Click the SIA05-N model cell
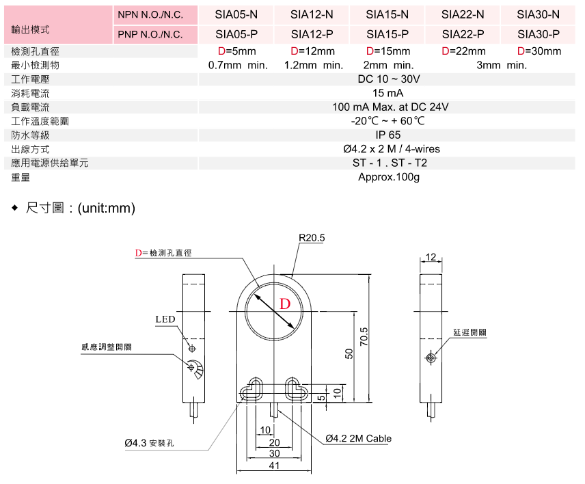pos(236,14)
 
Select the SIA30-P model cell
pos(538,33)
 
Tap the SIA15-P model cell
pos(387,33)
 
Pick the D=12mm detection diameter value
pos(312,51)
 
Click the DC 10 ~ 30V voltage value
pos(388,79)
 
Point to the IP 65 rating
pos(388,135)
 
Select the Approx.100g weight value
pos(388,177)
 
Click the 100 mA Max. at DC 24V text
pos(390,107)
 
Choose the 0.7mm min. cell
pos(237,65)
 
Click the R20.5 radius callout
pos(312,238)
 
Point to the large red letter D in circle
pos(285,304)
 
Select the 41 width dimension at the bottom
pos(274,465)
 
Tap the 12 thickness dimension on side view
pos(430,257)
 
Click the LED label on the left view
pos(165,319)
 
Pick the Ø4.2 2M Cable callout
pos(358,439)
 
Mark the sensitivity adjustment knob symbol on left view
pos(192,368)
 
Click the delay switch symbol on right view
pos(431,358)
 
